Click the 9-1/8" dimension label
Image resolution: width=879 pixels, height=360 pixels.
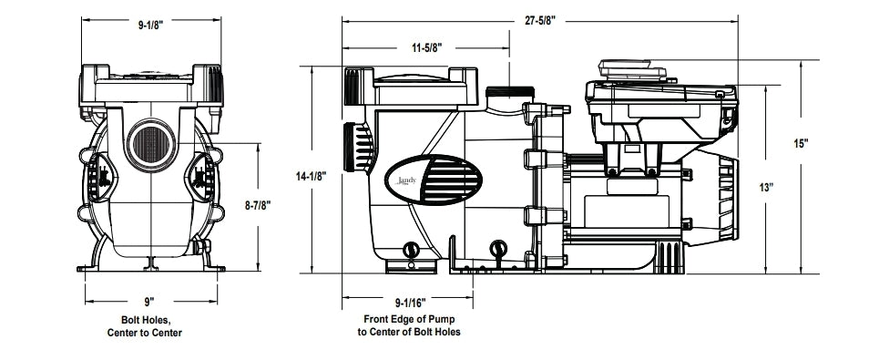pos(150,26)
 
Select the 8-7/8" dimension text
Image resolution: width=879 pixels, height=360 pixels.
pos(260,206)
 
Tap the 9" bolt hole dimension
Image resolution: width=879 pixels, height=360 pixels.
pos(149,301)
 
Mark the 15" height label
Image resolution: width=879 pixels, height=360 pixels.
pos(801,144)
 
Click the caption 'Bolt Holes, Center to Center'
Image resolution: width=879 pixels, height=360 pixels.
pos(151,326)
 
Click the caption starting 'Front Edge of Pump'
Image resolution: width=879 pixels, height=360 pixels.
pos(409,326)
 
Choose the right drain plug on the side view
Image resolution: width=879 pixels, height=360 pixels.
pos(497,248)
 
